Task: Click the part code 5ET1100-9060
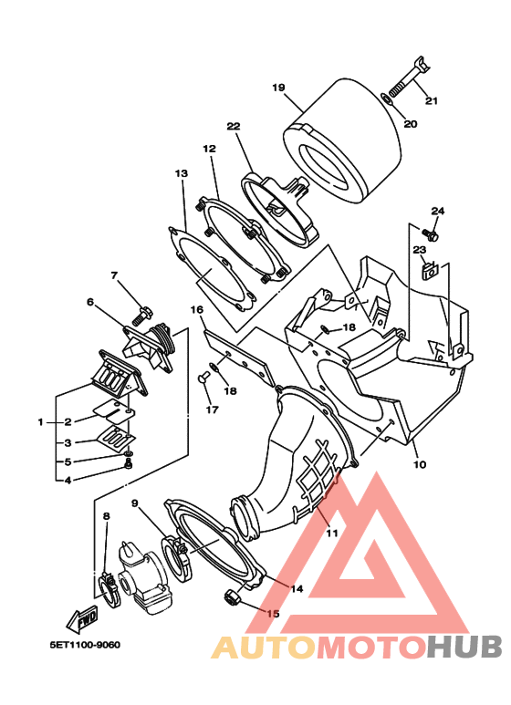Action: point(85,645)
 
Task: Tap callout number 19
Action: point(278,87)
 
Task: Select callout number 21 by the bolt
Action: point(431,100)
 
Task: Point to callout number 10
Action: point(419,464)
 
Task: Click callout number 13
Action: point(182,173)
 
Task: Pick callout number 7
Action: point(114,275)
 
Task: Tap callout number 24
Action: point(438,211)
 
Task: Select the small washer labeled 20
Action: point(387,98)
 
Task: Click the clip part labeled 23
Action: point(431,270)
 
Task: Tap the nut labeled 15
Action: point(231,596)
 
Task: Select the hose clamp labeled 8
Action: point(109,588)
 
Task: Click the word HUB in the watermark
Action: point(464,647)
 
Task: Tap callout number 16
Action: point(196,310)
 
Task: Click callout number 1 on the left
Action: point(41,422)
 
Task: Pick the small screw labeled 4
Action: point(129,466)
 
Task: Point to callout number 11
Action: point(332,534)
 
